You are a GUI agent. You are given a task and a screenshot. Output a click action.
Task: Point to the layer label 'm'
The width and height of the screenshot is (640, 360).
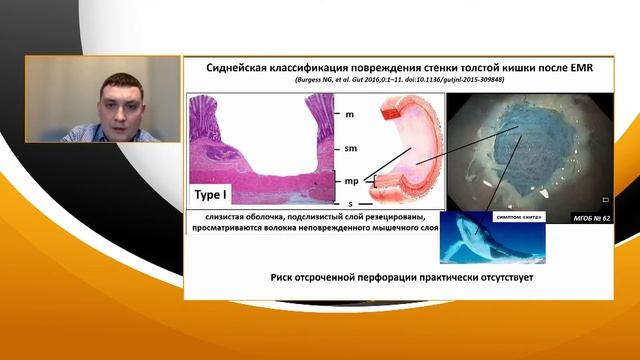tap(349, 114)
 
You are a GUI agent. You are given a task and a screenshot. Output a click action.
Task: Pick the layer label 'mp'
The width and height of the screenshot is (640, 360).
tap(352, 181)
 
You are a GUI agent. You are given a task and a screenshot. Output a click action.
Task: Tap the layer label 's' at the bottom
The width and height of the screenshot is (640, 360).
tap(350, 204)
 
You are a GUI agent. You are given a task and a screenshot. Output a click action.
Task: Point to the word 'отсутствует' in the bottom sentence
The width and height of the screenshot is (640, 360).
tap(499, 277)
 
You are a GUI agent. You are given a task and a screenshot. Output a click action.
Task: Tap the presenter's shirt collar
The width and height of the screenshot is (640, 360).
tap(110, 131)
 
